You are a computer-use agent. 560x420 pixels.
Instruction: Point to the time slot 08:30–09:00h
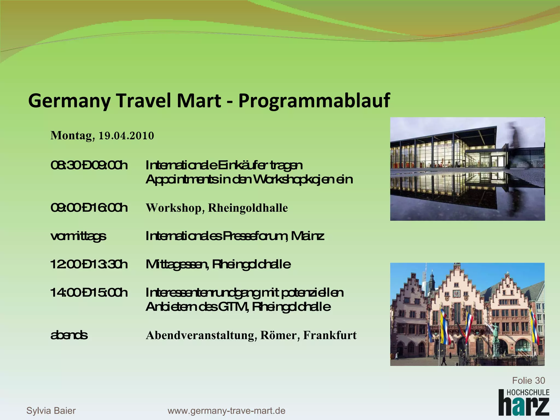[89, 165]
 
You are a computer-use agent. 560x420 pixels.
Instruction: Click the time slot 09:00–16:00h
[89, 208]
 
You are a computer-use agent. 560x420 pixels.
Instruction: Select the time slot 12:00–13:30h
[89, 264]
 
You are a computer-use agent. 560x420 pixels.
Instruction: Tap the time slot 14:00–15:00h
[89, 293]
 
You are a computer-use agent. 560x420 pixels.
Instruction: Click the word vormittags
[78, 236]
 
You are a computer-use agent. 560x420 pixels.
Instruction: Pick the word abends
[69, 335]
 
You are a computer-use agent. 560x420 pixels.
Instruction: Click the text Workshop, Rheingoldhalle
[217, 208]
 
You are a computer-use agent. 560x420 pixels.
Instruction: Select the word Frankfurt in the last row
[330, 335]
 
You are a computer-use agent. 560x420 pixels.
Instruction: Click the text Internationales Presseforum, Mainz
[235, 236]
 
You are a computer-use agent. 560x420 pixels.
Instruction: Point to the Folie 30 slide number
[528, 380]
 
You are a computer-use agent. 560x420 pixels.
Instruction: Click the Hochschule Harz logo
[524, 402]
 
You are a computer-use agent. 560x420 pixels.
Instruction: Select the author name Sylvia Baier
[51, 411]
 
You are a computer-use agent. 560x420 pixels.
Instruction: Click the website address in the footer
[226, 411]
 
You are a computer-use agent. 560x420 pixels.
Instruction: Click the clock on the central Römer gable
[456, 293]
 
